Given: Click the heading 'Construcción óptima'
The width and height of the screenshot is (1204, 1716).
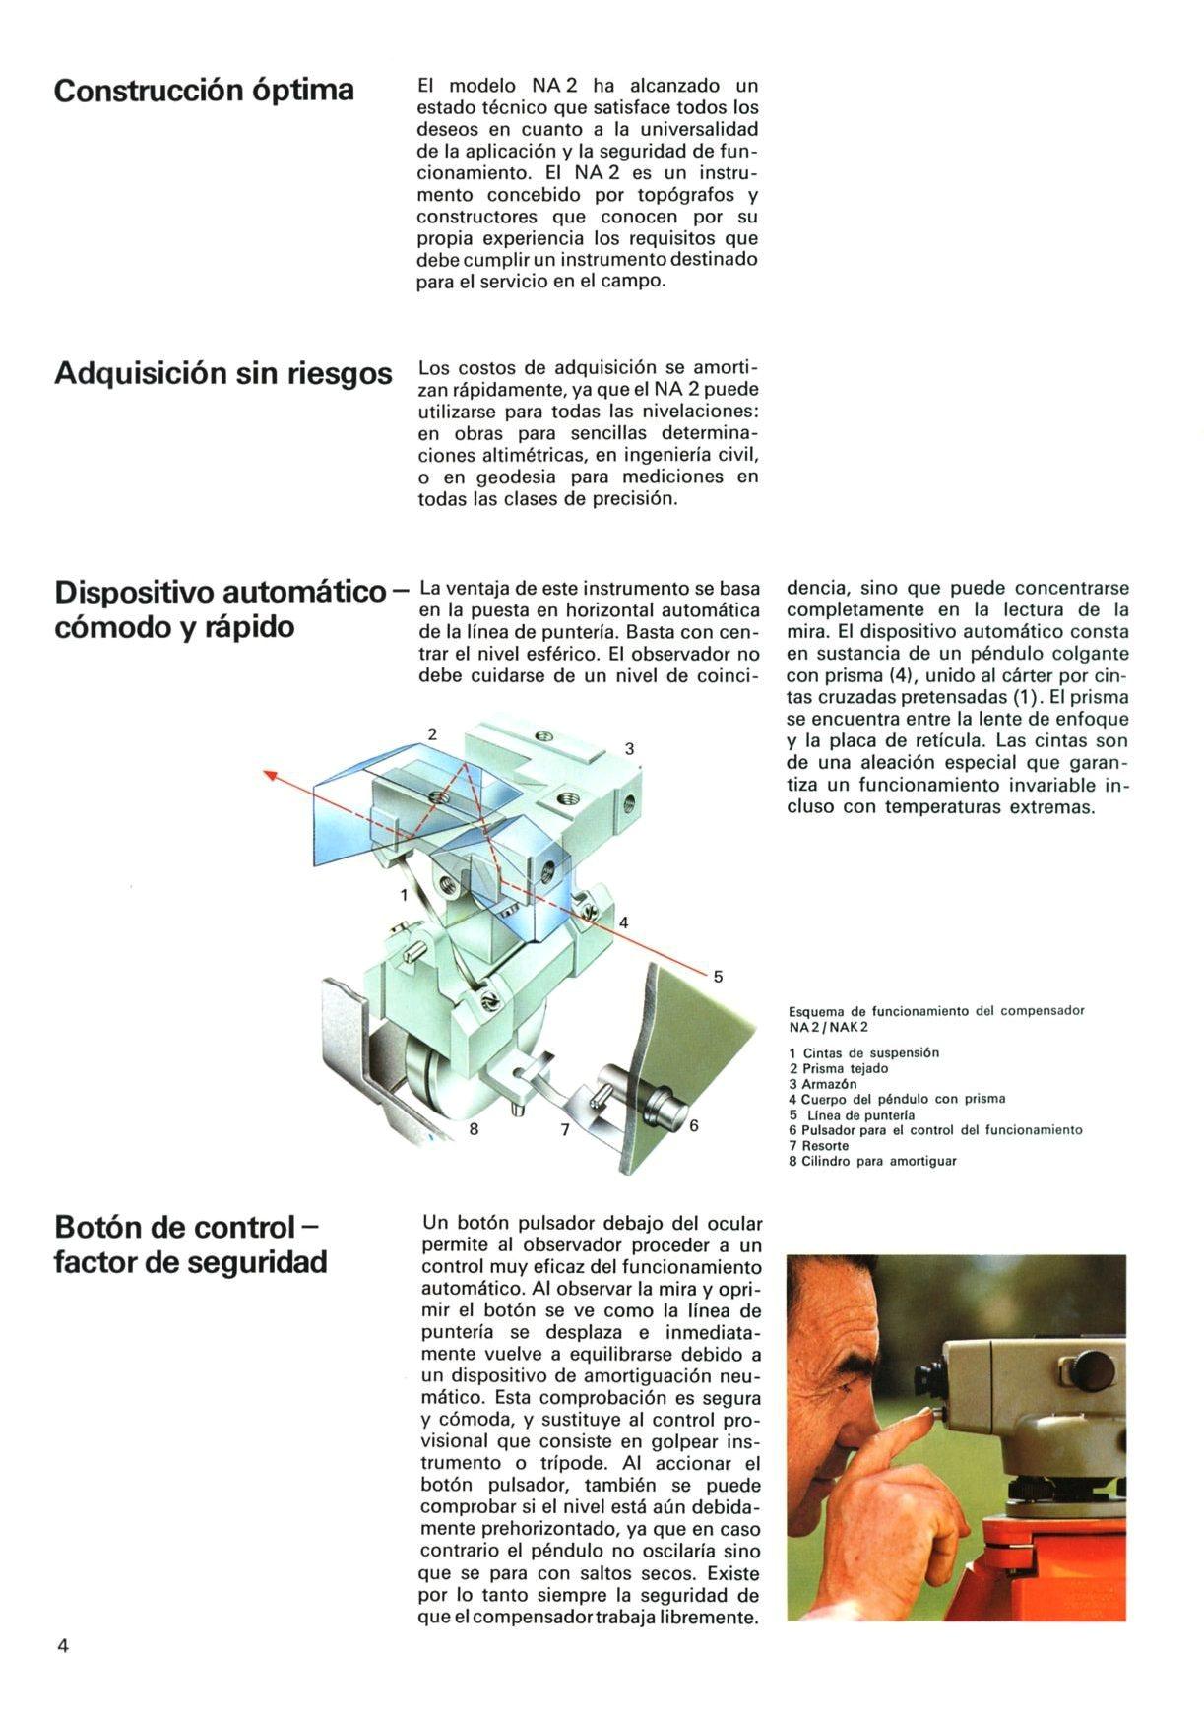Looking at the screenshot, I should (204, 91).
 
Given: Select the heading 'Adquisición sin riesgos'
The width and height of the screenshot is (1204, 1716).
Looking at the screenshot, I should (222, 374).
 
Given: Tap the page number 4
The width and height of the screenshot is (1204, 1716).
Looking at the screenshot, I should (63, 1646).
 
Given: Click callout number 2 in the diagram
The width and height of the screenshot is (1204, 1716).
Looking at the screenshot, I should (432, 733).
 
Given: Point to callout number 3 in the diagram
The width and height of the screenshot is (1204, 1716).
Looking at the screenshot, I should (630, 749).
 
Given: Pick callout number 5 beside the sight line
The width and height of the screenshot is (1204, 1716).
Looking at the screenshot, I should (718, 977).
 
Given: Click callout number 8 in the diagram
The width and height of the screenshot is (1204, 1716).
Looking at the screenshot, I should (474, 1129).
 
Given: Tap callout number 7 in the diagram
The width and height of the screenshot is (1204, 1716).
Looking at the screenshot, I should (565, 1130).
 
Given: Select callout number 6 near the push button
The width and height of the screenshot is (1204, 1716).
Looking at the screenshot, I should (693, 1125).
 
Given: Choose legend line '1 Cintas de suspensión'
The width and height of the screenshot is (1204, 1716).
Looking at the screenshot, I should (863, 1053).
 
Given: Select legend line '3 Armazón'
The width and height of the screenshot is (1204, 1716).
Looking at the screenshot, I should (823, 1084).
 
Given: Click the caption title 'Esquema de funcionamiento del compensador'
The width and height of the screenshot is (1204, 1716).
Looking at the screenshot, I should (935, 1011).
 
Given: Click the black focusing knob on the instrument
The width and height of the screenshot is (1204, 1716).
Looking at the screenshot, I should (1093, 1369).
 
